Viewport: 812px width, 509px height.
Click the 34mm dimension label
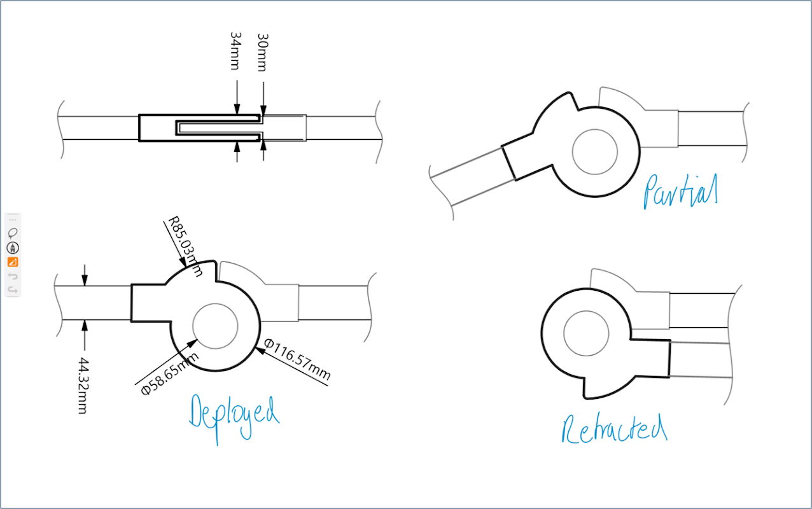(235, 51)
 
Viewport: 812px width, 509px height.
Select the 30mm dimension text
(262, 53)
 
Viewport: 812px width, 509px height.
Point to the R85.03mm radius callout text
(185, 246)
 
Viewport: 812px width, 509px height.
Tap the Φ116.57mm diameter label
(297, 359)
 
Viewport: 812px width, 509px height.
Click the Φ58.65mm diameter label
(170, 373)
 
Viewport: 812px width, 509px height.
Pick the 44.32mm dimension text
(83, 386)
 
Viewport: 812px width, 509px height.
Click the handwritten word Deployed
(234, 419)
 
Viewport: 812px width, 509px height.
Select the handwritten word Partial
(680, 191)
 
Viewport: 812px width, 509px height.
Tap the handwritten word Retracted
(615, 429)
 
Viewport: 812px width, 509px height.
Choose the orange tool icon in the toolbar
(13, 261)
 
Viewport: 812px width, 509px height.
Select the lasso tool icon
(13, 233)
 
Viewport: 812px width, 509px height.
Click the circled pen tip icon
(13, 248)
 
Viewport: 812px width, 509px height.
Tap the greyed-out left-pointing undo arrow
(13, 276)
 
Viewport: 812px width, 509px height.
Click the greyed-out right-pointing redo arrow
(13, 289)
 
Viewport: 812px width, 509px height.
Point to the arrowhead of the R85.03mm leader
(183, 262)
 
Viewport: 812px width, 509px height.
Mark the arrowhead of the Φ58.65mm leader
(192, 343)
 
